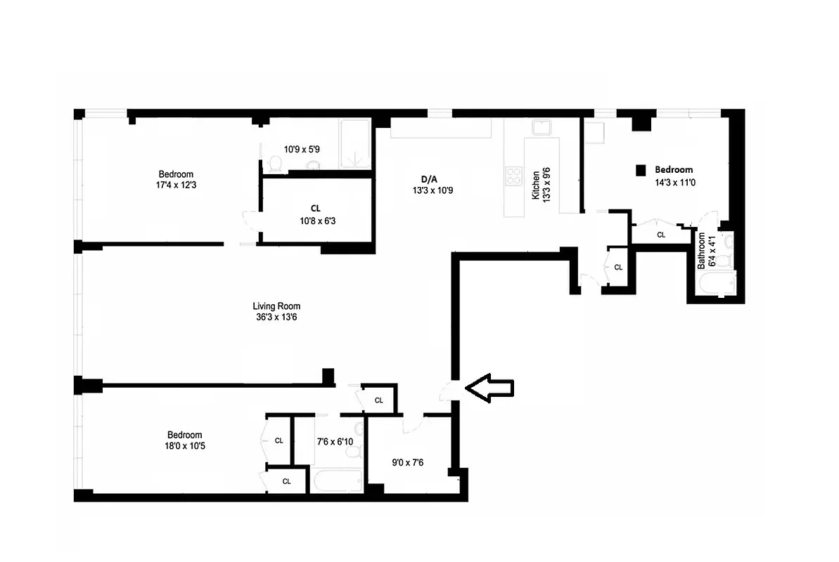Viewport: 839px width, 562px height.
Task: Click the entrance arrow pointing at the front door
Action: pyautogui.click(x=490, y=388)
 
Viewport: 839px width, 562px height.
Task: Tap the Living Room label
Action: pyautogui.click(x=276, y=306)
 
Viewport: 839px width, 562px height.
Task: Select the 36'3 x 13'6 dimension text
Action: pyautogui.click(x=276, y=318)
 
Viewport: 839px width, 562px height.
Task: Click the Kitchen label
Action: pyautogui.click(x=536, y=185)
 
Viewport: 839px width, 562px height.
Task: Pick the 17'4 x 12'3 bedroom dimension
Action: pyautogui.click(x=176, y=185)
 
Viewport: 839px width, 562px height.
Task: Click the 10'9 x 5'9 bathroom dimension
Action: pyautogui.click(x=302, y=149)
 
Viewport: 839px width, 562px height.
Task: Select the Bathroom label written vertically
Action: pyautogui.click(x=701, y=251)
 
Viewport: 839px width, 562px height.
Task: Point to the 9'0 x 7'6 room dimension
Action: pyautogui.click(x=408, y=463)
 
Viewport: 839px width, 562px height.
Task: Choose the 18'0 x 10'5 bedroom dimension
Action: pyautogui.click(x=184, y=446)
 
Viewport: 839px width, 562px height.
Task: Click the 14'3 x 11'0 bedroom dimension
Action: pyautogui.click(x=674, y=181)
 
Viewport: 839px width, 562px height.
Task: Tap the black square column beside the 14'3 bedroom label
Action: pyautogui.click(x=641, y=170)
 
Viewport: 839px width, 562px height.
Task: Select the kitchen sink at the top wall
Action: pyautogui.click(x=542, y=128)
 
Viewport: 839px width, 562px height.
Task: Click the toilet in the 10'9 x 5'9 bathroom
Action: pyautogui.click(x=275, y=164)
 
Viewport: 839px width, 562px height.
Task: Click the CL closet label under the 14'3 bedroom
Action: pyautogui.click(x=660, y=235)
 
